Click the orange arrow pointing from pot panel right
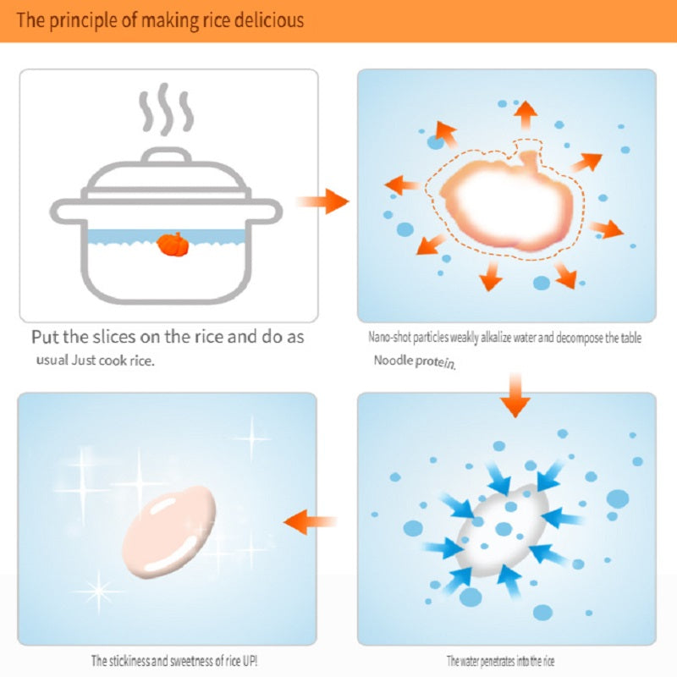click(x=322, y=201)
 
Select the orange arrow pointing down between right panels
click(x=515, y=395)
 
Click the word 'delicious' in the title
click(x=267, y=19)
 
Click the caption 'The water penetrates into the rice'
click(x=501, y=661)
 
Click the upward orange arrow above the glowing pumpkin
click(x=526, y=113)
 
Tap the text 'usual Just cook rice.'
click(x=95, y=361)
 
